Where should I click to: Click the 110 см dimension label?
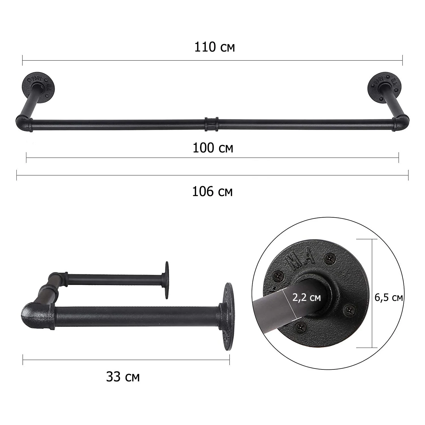point(214,47)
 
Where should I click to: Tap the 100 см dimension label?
point(213,148)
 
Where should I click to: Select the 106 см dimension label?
point(212,192)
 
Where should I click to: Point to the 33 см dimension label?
point(123,377)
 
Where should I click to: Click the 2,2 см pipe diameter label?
point(307,297)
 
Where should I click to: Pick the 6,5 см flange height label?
point(389,297)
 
